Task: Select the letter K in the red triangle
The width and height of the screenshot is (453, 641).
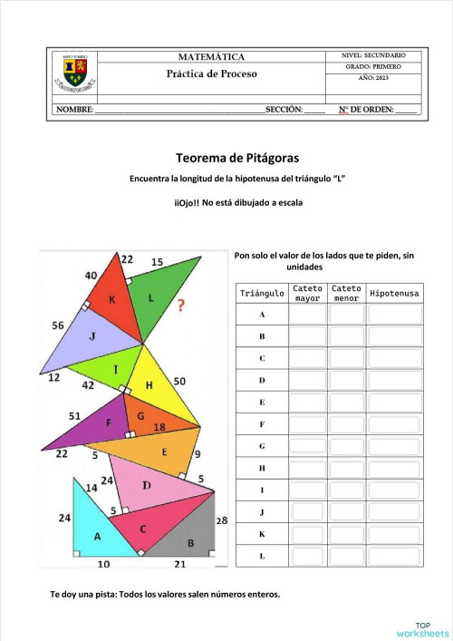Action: click(112, 299)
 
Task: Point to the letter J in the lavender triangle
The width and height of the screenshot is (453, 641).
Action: click(92, 336)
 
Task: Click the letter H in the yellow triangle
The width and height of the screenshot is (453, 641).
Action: click(149, 384)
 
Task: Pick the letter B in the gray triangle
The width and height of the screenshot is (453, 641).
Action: click(190, 543)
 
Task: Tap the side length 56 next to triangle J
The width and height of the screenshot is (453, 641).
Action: click(58, 325)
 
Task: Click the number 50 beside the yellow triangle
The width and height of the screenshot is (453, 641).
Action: click(179, 382)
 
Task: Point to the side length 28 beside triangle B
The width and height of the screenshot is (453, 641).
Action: click(221, 520)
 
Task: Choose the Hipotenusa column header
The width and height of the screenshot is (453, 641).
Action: click(394, 294)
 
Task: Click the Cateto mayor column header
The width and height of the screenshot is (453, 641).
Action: click(307, 294)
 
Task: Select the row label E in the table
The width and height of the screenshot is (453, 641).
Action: click(262, 402)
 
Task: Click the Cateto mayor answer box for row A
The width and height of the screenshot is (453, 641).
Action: click(307, 315)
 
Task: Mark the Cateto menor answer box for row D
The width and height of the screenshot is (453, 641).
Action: click(346, 380)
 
